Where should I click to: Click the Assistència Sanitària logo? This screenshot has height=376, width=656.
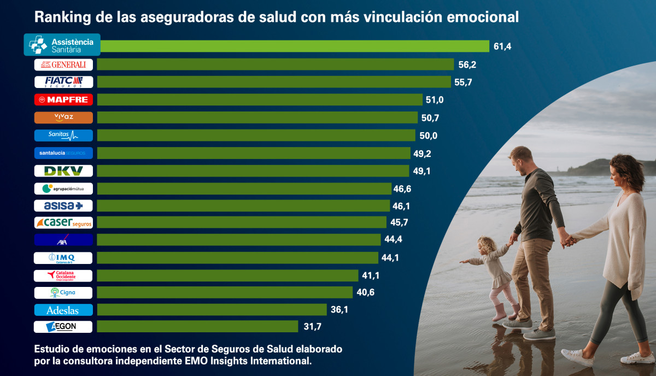coord(62,45)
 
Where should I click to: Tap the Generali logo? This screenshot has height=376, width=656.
coord(63,64)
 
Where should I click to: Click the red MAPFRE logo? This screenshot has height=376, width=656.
coord(63,100)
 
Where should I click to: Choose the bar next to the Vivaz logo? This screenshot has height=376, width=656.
coord(257,117)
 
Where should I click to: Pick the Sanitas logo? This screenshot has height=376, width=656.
coord(63,135)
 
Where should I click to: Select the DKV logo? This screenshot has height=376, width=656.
coord(63,171)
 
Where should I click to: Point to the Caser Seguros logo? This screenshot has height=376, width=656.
coord(63,223)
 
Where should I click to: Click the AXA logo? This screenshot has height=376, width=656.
coord(63,240)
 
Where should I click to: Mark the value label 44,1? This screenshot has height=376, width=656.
coord(390,258)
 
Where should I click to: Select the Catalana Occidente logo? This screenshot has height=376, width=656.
coord(63,275)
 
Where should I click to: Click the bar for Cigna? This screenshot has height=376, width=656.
coord(225,292)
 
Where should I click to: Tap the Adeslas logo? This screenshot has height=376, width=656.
coord(63,310)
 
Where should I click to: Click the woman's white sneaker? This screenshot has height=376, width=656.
coord(576,358)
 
